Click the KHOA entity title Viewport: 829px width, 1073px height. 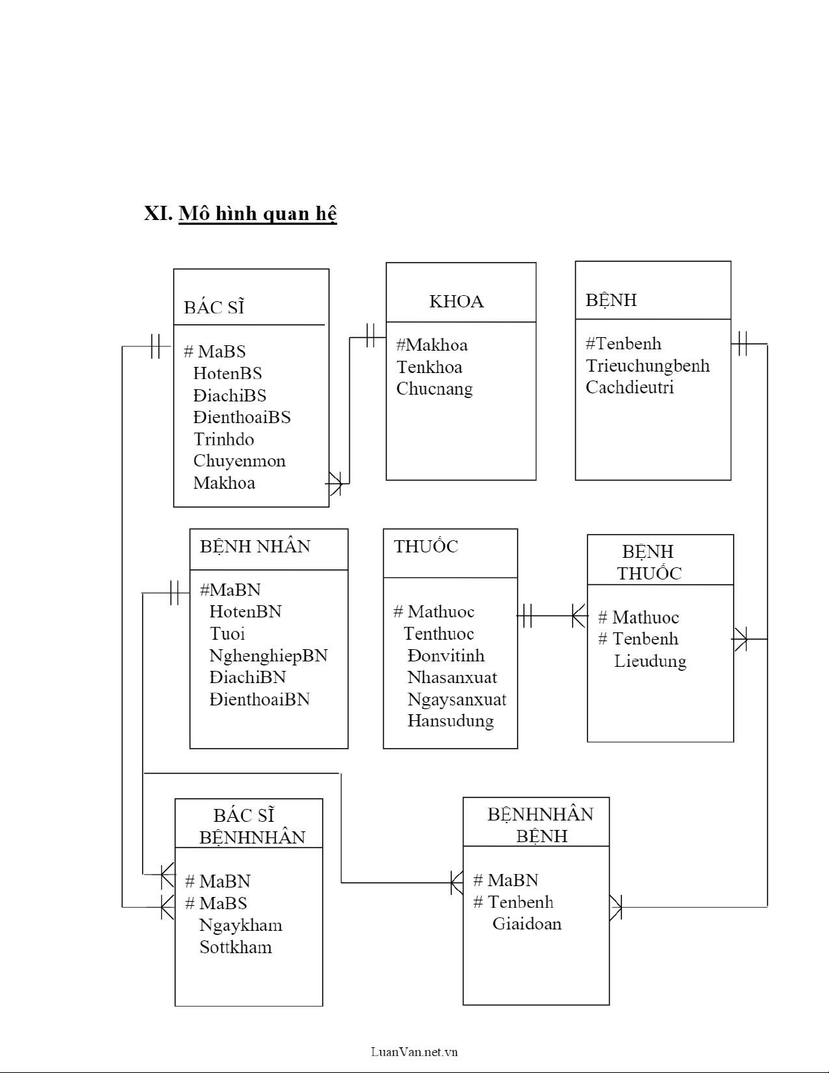(x=456, y=301)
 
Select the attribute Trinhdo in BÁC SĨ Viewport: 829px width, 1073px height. (x=223, y=439)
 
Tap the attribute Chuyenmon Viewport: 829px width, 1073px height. (x=239, y=461)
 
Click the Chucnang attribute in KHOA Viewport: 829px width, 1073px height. (x=434, y=389)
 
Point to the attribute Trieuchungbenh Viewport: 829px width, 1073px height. (x=647, y=366)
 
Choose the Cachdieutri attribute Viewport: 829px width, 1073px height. (x=629, y=387)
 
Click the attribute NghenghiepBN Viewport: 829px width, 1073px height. (x=268, y=655)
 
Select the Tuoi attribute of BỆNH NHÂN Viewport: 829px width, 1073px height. (x=227, y=634)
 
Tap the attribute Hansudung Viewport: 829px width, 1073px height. (x=450, y=720)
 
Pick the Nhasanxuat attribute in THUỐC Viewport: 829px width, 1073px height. (x=451, y=677)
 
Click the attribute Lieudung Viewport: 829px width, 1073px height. (x=650, y=661)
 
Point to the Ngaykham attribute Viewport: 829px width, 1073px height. (x=240, y=925)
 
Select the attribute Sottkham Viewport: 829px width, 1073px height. (x=235, y=946)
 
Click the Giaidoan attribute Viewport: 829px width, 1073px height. (x=526, y=923)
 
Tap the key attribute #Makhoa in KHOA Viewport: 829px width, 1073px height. (x=432, y=345)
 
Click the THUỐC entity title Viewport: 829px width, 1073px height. (x=426, y=546)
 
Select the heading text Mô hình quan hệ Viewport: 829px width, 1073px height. (x=257, y=213)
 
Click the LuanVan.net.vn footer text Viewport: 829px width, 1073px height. (x=414, y=1051)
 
